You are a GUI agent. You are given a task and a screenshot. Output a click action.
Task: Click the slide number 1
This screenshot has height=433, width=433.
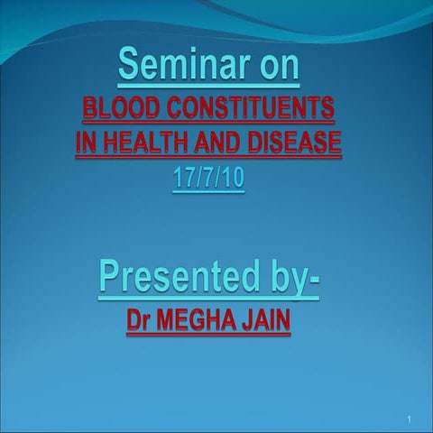[409, 420]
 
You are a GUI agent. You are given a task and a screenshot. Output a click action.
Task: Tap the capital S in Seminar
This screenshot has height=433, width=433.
[129, 66]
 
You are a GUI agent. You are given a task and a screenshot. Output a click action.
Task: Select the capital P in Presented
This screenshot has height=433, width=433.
[110, 276]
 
